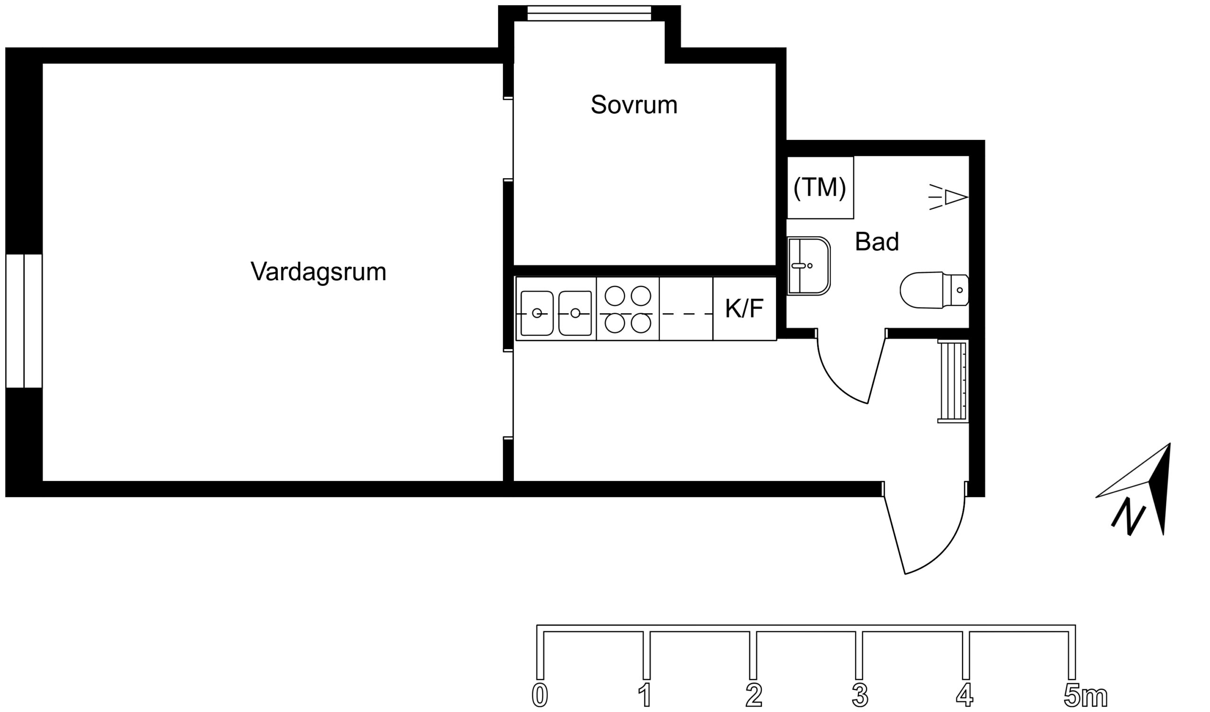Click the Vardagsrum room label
[x=319, y=272]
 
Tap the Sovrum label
[x=634, y=105]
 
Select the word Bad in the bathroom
[x=876, y=242]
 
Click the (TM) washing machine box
[x=820, y=188]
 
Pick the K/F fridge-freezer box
[x=744, y=309]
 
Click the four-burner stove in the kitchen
[x=628, y=309]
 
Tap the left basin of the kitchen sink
[x=537, y=313]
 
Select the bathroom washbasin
[x=809, y=266]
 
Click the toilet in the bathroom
[x=932, y=290]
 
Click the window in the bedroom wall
[x=588, y=13]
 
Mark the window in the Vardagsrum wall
[x=24, y=321]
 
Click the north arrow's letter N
[x=1128, y=521]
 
